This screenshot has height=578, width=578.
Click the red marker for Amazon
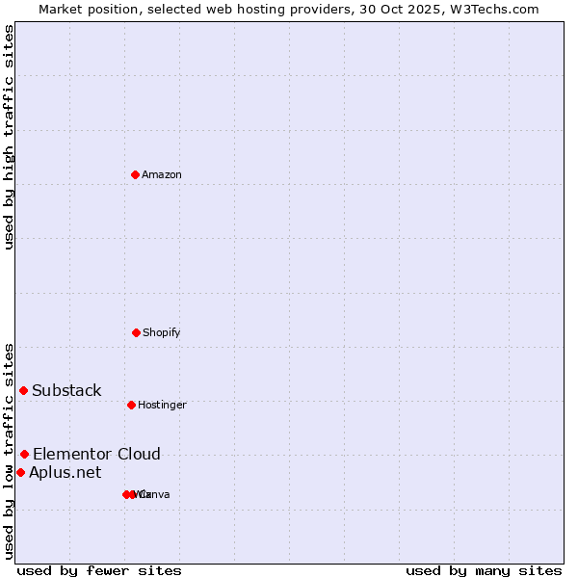click(x=136, y=174)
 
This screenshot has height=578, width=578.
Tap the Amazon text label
click(x=162, y=174)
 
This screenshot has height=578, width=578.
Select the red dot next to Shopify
click(x=136, y=332)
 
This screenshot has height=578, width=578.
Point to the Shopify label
click(x=162, y=332)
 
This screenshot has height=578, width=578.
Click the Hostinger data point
click(x=131, y=405)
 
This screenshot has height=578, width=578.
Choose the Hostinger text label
click(x=162, y=405)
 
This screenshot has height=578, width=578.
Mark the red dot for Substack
click(x=24, y=390)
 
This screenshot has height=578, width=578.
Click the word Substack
click(x=66, y=390)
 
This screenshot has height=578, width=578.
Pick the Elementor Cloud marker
click(x=24, y=454)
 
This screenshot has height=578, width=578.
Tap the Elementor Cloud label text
click(x=96, y=454)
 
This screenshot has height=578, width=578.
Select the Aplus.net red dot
click(x=20, y=472)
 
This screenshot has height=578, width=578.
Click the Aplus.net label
click(x=65, y=472)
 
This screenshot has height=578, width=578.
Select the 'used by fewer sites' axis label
click(x=99, y=570)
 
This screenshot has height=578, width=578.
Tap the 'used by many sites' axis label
click(x=484, y=570)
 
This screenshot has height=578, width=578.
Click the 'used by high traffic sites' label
click(x=9, y=137)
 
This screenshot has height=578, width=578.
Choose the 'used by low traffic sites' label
click(x=9, y=451)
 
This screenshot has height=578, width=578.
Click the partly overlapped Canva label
click(x=156, y=494)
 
